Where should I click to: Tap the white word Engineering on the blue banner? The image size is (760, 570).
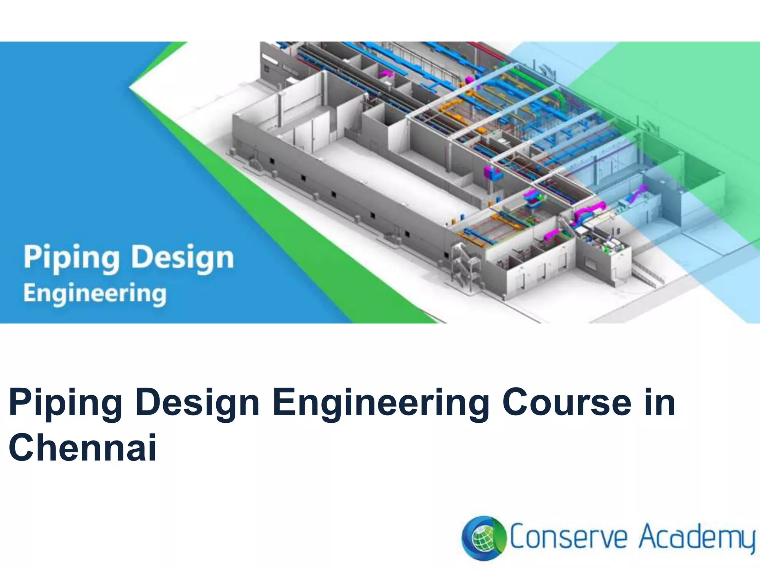coord(95,294)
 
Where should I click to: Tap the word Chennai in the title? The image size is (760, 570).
coord(82,447)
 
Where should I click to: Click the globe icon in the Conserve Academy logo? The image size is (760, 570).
coord(483,538)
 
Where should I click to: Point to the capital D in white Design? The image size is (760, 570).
coord(143,257)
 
